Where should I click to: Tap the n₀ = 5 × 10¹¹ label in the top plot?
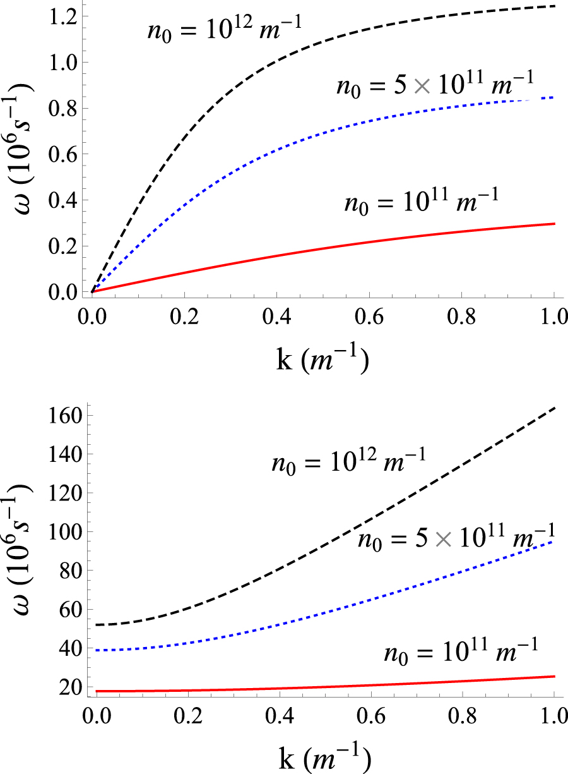pos(435,83)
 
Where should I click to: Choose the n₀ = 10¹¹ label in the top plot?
pos(422,204)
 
